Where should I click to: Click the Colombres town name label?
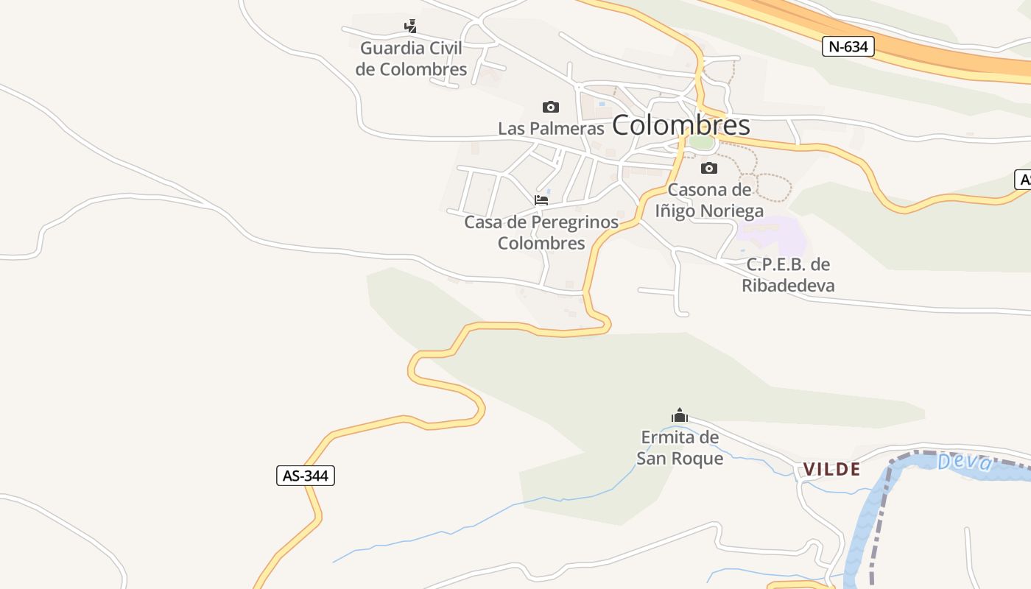(680, 125)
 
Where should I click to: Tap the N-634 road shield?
(848, 46)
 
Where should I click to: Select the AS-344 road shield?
(306, 476)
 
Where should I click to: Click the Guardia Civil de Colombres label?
(411, 59)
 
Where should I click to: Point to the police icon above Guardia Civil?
(411, 27)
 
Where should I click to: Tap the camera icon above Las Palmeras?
(550, 107)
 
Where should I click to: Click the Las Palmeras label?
(551, 128)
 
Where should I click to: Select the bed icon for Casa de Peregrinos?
(541, 200)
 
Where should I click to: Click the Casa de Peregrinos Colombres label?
(541, 232)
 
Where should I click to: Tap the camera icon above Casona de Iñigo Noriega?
(708, 169)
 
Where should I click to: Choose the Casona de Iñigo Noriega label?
(709, 200)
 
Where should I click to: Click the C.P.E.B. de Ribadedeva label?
(788, 275)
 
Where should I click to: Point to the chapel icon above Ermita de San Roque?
(680, 416)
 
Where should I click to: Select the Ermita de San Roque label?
(680, 448)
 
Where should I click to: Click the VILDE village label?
(831, 469)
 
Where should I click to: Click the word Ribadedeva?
(788, 285)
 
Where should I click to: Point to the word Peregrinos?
(571, 222)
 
